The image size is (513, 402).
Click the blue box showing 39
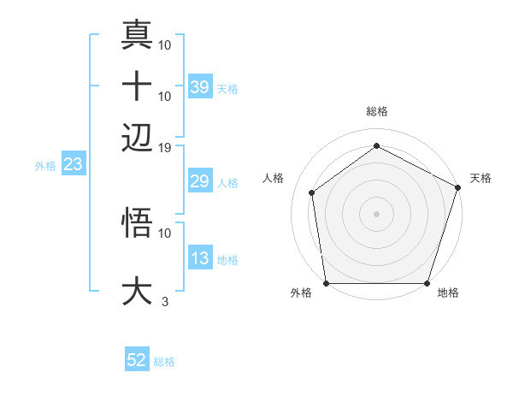pyautogui.click(x=199, y=87)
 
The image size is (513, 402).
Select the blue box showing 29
pyautogui.click(x=199, y=182)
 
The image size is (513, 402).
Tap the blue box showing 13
pyautogui.click(x=199, y=259)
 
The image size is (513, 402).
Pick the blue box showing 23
pyautogui.click(x=72, y=165)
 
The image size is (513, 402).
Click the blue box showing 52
pyautogui.click(x=137, y=361)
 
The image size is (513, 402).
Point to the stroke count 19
pyautogui.click(x=165, y=147)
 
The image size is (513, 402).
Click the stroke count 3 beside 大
pyautogui.click(x=164, y=301)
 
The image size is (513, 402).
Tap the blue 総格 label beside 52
pyautogui.click(x=164, y=362)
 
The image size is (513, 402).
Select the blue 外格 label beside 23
pyautogui.click(x=45, y=166)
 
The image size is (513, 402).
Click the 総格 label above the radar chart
pyautogui.click(x=376, y=112)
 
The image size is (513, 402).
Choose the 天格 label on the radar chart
pyautogui.click(x=481, y=178)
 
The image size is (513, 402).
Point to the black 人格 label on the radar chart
pyautogui.click(x=274, y=178)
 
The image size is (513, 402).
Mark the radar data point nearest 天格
pyautogui.click(x=457, y=187)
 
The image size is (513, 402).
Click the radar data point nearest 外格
pyautogui.click(x=327, y=283)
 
